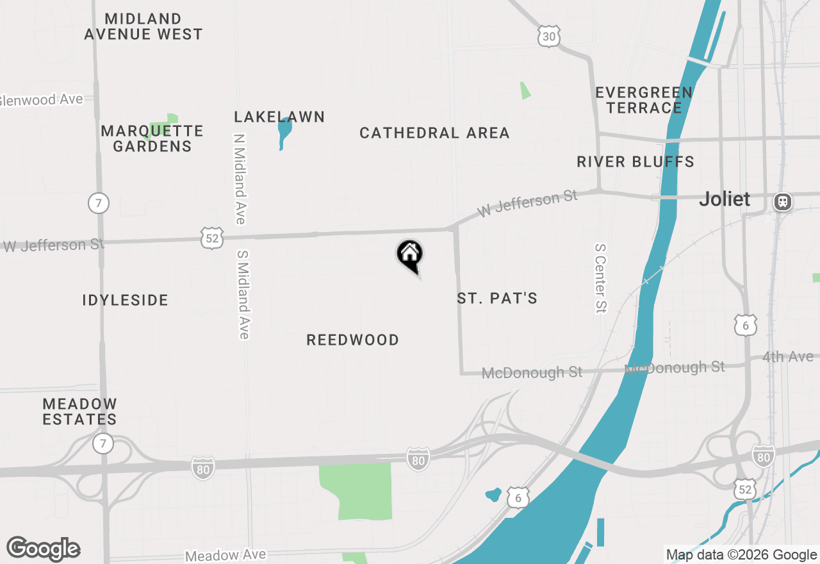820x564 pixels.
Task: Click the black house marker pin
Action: (410, 254)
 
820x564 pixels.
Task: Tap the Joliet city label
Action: (725, 199)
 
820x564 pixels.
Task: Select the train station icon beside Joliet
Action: (782, 202)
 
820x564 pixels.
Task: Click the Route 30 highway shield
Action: (549, 37)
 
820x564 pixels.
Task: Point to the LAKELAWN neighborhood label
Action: (279, 117)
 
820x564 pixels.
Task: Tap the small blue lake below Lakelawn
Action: (284, 132)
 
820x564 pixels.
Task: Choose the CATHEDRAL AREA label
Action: (434, 133)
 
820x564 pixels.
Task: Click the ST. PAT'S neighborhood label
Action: (497, 298)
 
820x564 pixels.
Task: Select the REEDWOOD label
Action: (352, 340)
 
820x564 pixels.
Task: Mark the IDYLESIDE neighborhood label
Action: (126, 300)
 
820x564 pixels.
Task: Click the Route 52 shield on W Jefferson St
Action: (211, 238)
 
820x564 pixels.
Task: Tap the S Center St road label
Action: (600, 278)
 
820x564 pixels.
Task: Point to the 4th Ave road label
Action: (788, 357)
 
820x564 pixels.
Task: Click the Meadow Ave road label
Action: (225, 555)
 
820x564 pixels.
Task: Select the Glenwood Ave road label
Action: (42, 100)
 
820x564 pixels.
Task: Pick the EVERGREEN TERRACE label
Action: (644, 100)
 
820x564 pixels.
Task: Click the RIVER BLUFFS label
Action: (635, 162)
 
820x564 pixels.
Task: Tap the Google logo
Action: (44, 549)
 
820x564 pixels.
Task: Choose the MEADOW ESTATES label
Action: (80, 411)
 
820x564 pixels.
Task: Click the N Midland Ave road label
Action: (240, 179)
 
